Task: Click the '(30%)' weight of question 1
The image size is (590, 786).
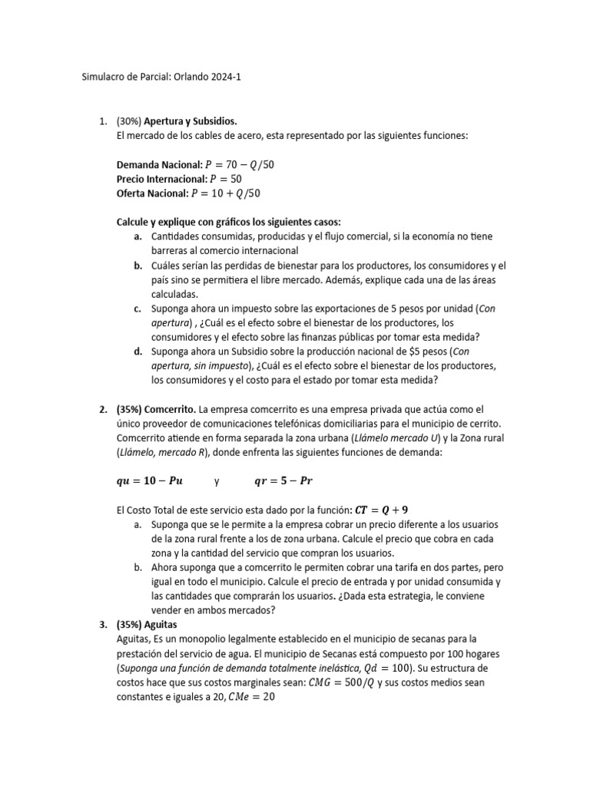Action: [130, 121]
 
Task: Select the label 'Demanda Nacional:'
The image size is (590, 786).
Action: [160, 164]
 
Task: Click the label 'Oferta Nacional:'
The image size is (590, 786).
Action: [152, 193]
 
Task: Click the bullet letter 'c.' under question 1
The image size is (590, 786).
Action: [138, 308]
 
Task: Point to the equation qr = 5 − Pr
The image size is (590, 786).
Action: [283, 481]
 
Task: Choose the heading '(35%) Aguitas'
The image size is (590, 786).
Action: [146, 625]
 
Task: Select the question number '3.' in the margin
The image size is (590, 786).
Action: [104, 625]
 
